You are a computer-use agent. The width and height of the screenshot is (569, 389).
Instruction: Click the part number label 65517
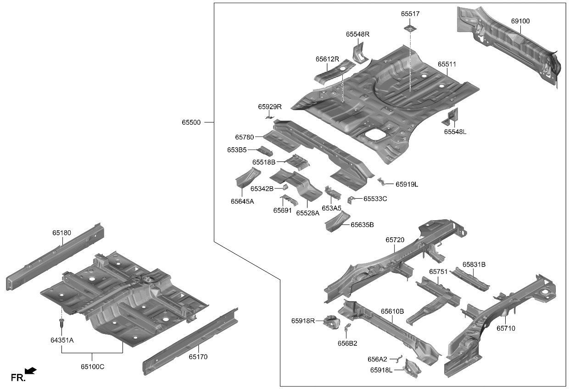coord(410,14)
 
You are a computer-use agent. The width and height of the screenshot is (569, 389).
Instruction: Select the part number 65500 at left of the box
coord(191,122)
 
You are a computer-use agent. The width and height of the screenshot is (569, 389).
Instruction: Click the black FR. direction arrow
coord(31,371)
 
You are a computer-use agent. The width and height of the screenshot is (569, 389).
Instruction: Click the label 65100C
coord(92,367)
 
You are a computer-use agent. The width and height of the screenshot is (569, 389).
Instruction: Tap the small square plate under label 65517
coord(409,29)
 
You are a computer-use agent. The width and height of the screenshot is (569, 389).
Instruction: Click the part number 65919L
coord(407,184)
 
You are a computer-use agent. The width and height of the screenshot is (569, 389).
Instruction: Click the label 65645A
coord(242,201)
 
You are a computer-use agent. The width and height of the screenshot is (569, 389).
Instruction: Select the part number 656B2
coord(347,343)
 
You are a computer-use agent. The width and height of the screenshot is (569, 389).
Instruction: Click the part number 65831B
coord(474,265)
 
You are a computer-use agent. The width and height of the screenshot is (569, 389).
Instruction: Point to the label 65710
coord(506,328)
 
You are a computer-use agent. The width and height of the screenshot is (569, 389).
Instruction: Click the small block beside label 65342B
coord(284,187)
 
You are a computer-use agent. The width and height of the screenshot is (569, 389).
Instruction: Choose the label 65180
coord(61,233)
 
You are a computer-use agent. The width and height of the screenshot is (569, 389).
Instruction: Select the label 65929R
coord(269,107)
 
